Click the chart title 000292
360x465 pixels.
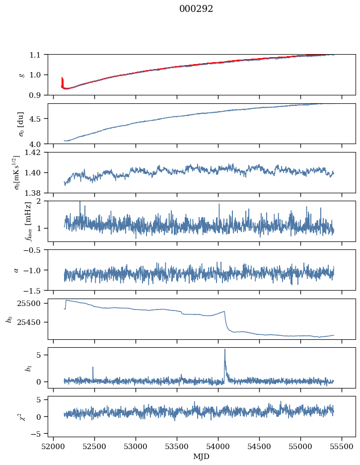click(196, 9)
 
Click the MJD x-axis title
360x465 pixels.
click(202, 456)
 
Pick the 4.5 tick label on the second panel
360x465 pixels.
click(37, 119)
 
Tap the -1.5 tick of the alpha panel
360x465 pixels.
click(34, 290)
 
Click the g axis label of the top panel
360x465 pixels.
click(21, 75)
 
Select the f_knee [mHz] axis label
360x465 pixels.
click(28, 221)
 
